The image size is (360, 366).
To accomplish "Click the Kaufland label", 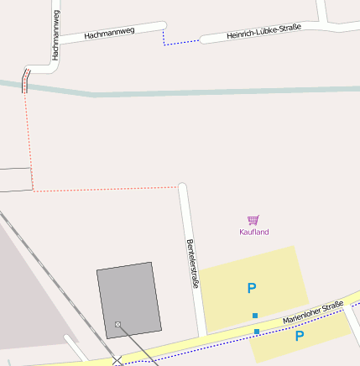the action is tap(253, 232).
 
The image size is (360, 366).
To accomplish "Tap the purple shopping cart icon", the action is tap(253, 220).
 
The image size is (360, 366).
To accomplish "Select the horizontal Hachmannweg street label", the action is tap(109, 34).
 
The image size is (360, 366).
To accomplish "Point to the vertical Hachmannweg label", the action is tap(55, 34).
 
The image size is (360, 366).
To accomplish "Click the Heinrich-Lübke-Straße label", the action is tap(263, 32).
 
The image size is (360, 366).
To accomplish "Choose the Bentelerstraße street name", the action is tap(192, 264).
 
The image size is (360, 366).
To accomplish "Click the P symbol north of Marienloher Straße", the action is tap(251, 289).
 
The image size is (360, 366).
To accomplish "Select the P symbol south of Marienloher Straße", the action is tap(299, 336).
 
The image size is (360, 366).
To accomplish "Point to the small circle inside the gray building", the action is tap(117, 324).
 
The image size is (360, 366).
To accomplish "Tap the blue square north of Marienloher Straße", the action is tap(255, 316).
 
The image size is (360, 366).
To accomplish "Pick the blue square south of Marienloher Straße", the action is tap(257, 332).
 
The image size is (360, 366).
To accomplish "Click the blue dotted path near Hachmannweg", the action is tap(178, 42).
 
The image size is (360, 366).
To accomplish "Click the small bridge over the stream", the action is tap(24, 81).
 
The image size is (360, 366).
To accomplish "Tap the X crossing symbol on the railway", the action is tap(117, 361).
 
